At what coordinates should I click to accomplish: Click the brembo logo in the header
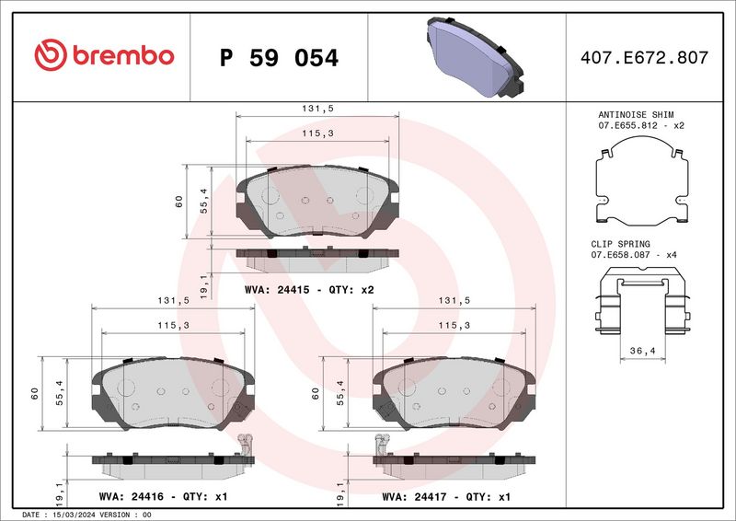[x=103, y=56]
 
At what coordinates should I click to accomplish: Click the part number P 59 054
[x=280, y=58]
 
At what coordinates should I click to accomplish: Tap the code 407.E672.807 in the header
[x=645, y=57]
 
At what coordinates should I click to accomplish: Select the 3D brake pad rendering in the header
[x=473, y=56]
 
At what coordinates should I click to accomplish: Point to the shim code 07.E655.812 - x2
[x=642, y=124]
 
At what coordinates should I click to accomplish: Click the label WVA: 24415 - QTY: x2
[x=309, y=289]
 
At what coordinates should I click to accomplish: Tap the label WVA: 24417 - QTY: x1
[x=447, y=496]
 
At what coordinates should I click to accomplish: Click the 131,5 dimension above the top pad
[x=318, y=108]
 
